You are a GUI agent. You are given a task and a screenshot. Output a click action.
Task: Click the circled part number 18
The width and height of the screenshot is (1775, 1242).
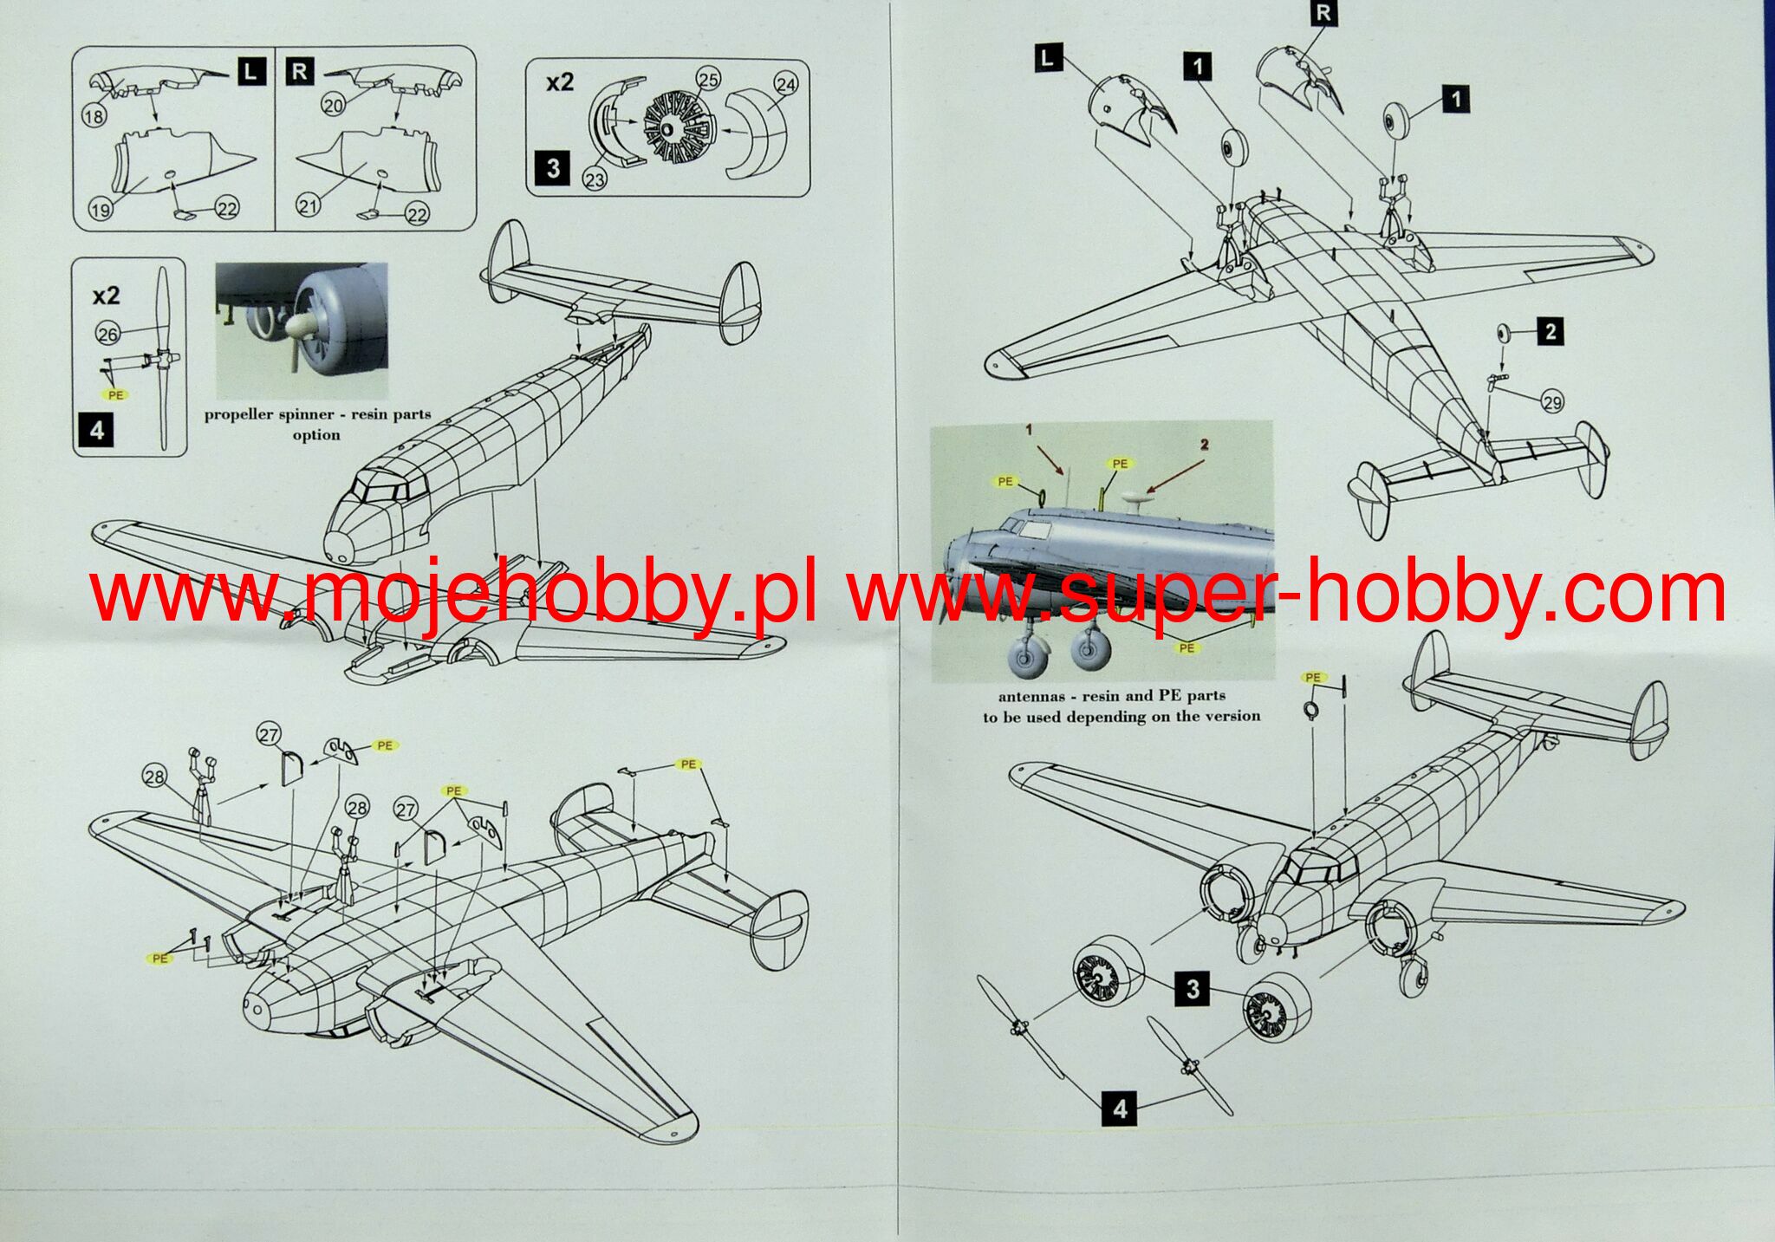point(94,115)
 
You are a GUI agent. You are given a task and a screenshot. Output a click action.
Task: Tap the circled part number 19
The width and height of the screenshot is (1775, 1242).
point(101,208)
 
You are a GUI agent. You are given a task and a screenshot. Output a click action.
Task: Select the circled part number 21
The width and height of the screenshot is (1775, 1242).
point(309,205)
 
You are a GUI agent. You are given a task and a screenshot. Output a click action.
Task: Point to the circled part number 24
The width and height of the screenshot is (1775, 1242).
point(785,84)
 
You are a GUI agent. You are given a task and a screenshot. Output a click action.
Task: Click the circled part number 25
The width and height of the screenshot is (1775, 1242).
point(708,80)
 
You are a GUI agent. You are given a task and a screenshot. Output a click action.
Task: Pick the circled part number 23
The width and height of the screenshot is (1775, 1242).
point(595,178)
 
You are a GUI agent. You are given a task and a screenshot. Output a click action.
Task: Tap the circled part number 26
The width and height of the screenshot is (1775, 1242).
point(107,334)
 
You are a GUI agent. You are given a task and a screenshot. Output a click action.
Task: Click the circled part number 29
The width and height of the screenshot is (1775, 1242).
point(1552,402)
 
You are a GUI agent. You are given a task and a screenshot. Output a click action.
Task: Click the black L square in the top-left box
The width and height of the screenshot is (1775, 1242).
point(250,72)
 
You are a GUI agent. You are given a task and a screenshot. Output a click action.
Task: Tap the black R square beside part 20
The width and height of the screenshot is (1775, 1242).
point(299,71)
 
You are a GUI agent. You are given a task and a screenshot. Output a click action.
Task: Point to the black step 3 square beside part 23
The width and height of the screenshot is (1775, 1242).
point(554,166)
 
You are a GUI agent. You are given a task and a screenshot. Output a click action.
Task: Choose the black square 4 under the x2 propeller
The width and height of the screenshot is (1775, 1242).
point(96,430)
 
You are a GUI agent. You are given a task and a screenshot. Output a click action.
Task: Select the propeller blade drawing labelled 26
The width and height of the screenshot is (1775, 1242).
point(162,359)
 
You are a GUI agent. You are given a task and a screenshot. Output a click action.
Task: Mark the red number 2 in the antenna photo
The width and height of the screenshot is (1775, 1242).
point(1204,445)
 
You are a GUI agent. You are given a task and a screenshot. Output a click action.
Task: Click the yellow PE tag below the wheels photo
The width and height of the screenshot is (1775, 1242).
point(1187,647)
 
